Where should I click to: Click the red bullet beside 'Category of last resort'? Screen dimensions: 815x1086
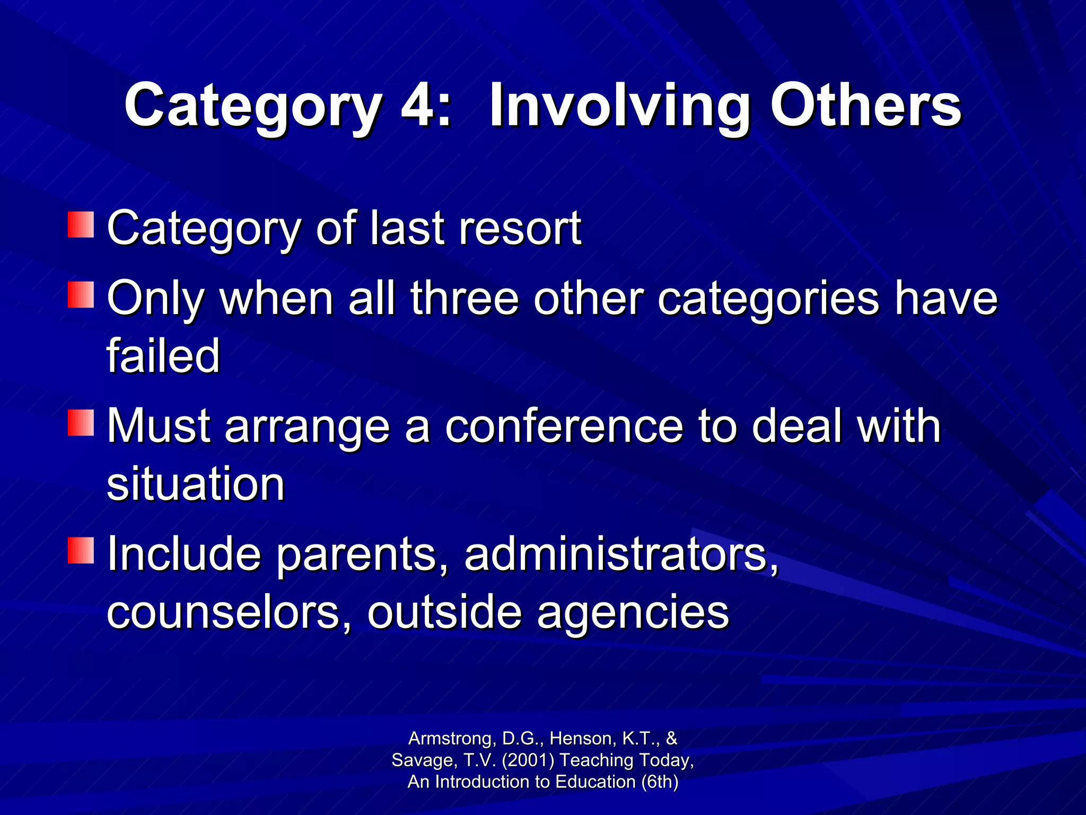coord(81,225)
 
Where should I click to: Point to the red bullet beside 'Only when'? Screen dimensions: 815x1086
coord(81,295)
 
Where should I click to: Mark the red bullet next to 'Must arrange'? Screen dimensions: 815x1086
coord(81,422)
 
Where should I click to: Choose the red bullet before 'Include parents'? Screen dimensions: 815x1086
coord(81,550)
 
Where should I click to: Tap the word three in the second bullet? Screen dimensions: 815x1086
coord(464,298)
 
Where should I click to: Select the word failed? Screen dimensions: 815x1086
coord(163,356)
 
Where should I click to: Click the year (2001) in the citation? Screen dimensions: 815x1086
coord(528,760)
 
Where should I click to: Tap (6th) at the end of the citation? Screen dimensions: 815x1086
coord(660,782)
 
